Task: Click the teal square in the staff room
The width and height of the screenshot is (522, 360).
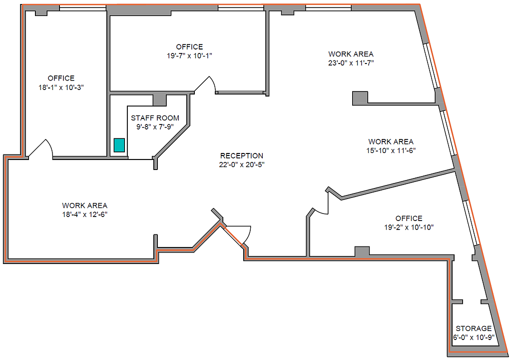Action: (x=119, y=145)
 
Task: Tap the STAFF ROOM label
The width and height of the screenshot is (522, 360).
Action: (x=155, y=118)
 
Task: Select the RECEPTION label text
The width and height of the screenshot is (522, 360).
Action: (x=242, y=155)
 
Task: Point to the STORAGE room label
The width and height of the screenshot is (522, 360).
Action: (x=474, y=328)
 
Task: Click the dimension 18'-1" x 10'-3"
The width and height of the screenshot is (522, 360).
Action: (x=61, y=87)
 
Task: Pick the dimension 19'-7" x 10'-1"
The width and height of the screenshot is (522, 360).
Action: (x=189, y=55)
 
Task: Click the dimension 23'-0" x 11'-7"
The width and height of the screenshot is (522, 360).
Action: (x=351, y=62)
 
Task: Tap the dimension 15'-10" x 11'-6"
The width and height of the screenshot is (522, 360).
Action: (x=391, y=150)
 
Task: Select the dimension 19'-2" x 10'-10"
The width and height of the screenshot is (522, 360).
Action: (x=409, y=227)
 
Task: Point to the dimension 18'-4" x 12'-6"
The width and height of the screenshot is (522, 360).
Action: (x=84, y=214)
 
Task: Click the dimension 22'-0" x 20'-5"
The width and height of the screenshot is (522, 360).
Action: (x=242, y=164)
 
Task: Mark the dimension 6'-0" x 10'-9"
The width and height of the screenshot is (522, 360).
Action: (x=474, y=337)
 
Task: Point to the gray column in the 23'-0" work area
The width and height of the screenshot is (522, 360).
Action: (x=360, y=97)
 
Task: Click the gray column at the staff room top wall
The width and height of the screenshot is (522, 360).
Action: (x=159, y=100)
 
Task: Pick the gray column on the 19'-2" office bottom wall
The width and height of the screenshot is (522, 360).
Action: (x=362, y=251)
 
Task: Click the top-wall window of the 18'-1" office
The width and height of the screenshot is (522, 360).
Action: (x=82, y=7)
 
